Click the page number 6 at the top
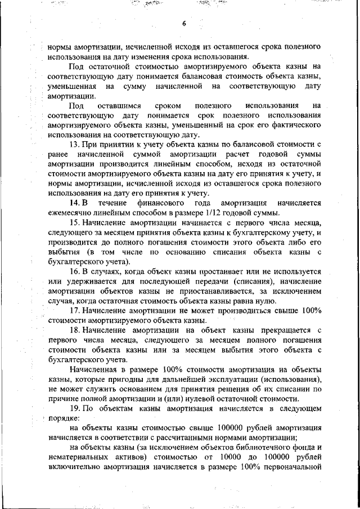click(x=183, y=24)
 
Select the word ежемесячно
click(x=70, y=213)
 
